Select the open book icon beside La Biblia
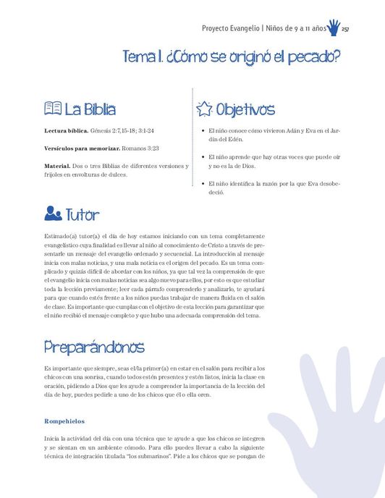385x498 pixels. (53, 109)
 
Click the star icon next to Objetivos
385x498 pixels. (205, 109)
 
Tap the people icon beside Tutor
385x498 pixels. (53, 214)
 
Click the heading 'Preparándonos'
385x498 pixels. (93, 347)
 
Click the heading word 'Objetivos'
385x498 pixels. (245, 110)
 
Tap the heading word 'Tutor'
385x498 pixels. (82, 215)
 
